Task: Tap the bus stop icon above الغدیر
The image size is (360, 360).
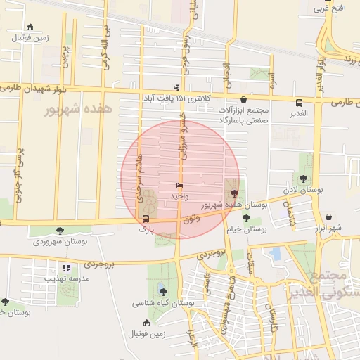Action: pos(300,101)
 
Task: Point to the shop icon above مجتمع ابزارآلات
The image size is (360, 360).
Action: pos(244,101)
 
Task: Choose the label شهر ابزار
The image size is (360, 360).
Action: pos(328,228)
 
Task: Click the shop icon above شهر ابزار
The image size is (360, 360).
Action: pos(329,217)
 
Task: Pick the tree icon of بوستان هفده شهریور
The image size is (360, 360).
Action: pos(234,193)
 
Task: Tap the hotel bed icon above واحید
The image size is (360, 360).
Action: pos(180,186)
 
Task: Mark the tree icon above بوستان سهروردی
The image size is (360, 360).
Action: pos(59,230)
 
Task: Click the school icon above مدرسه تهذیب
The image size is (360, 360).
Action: pos(66,268)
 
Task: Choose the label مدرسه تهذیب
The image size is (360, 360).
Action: pos(66,278)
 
